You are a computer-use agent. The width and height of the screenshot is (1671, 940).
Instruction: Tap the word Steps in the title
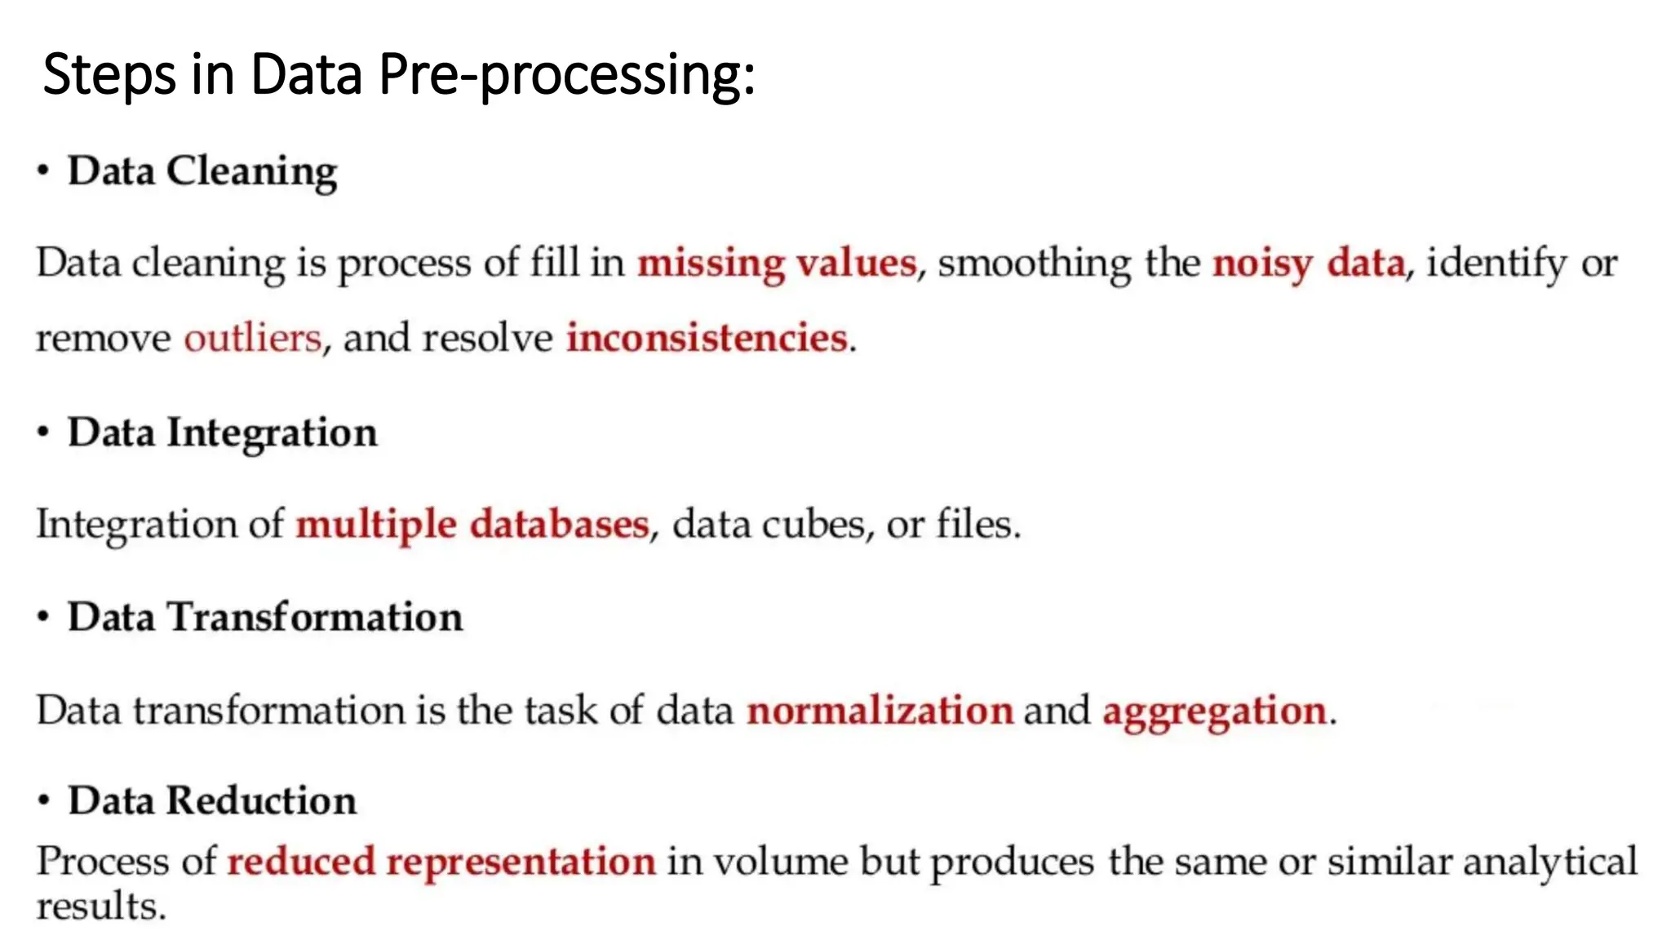pos(109,75)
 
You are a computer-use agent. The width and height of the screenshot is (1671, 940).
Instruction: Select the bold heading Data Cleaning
pos(202,171)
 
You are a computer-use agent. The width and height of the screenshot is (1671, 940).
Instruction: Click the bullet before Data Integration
pos(43,432)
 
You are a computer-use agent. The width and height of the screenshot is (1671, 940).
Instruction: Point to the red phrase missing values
pos(777,264)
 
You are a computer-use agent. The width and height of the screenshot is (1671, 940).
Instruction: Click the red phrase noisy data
pos(1309,264)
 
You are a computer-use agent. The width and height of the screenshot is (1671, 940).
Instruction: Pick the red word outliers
pos(253,338)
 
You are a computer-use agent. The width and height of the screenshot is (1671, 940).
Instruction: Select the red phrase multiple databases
pos(472,524)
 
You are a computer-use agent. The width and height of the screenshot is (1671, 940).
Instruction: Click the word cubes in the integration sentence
pos(813,524)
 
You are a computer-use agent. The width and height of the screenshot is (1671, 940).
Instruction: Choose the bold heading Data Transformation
pos(264,617)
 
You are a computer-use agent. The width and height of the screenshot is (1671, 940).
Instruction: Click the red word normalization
pos(880,710)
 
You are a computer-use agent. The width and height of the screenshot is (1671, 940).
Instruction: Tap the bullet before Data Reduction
pos(43,800)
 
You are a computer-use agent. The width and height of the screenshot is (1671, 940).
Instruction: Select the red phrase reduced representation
pos(441,862)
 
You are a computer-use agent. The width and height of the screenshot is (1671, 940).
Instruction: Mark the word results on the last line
pos(100,907)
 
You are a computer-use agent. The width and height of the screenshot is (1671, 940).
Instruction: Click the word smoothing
pos(1034,264)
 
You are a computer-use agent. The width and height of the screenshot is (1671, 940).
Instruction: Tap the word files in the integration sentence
pos(976,524)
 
